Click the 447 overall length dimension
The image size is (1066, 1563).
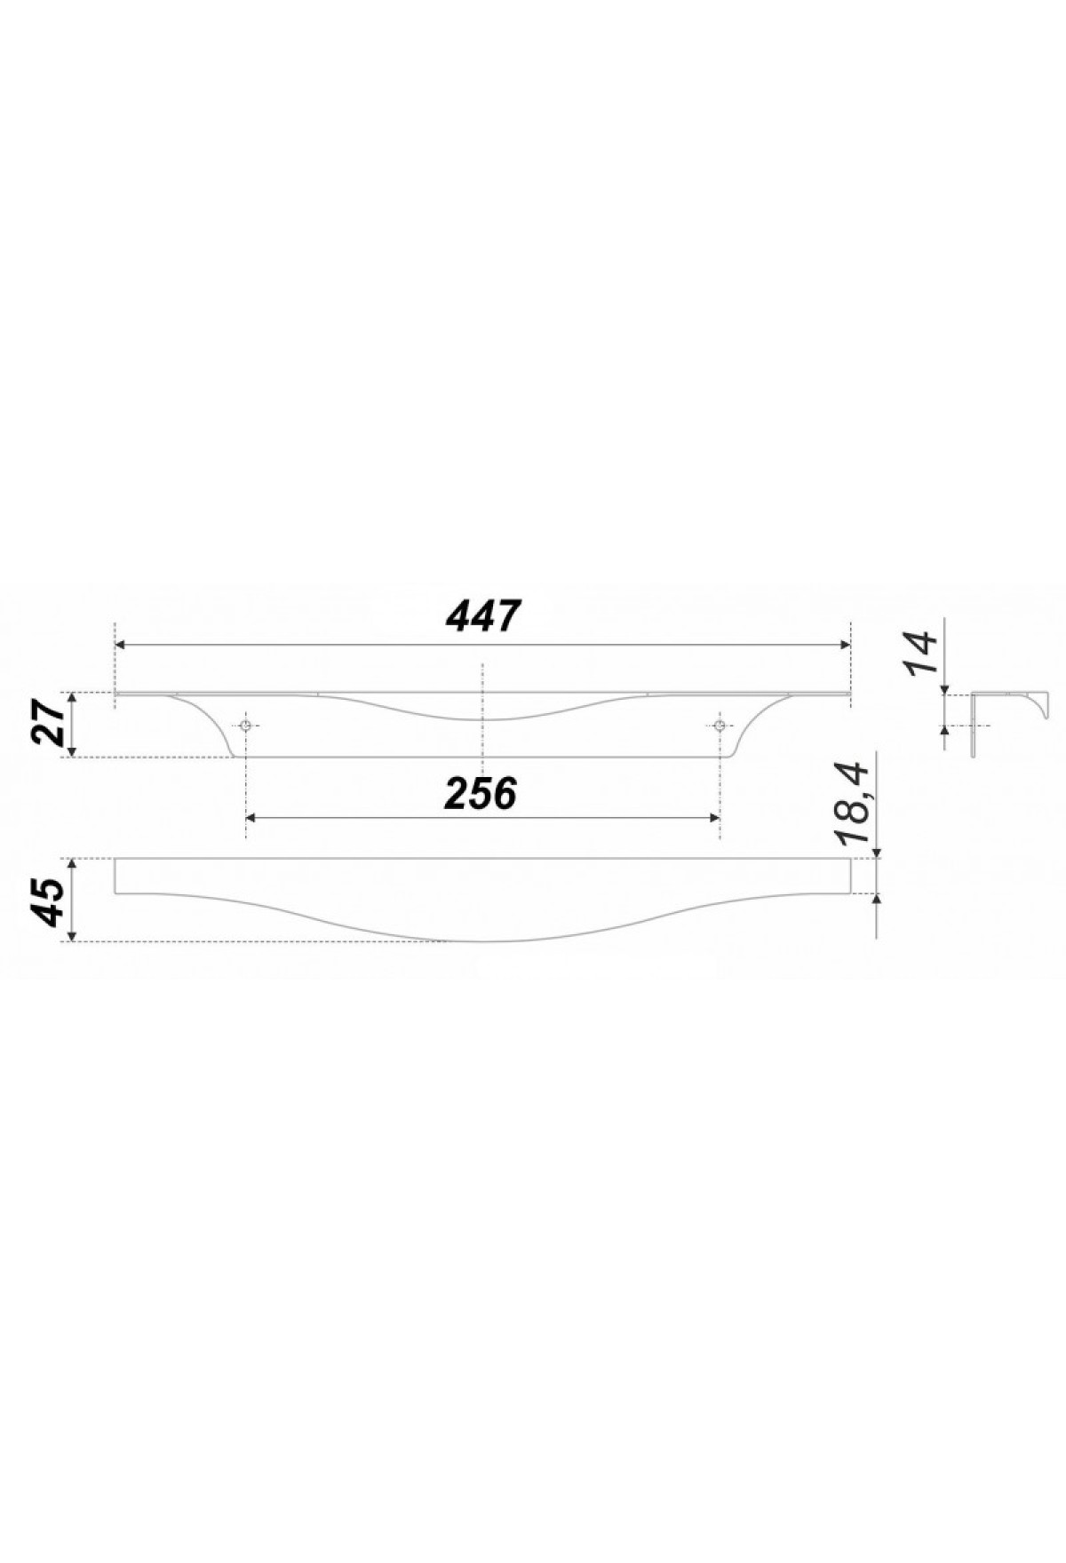click(481, 615)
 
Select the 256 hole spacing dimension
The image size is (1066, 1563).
click(481, 793)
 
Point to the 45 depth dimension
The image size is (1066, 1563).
click(50, 901)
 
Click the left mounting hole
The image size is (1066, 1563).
click(245, 725)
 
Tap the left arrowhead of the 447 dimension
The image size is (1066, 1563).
click(122, 646)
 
